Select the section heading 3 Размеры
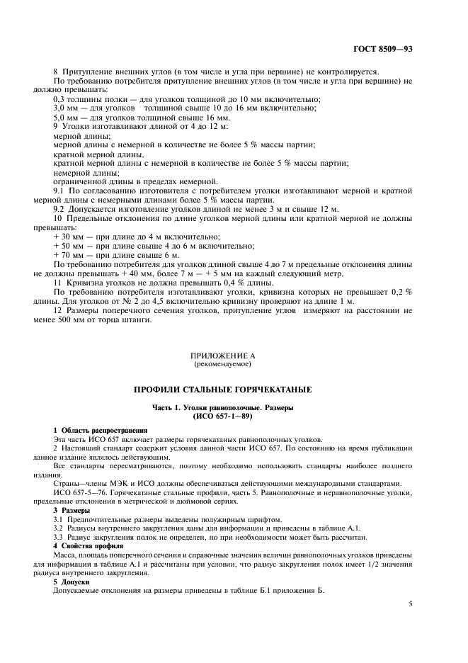(72, 510)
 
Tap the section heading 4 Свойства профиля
(89, 545)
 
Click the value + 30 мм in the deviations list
(68, 236)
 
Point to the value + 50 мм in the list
(68, 246)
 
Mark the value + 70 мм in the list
(68, 255)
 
